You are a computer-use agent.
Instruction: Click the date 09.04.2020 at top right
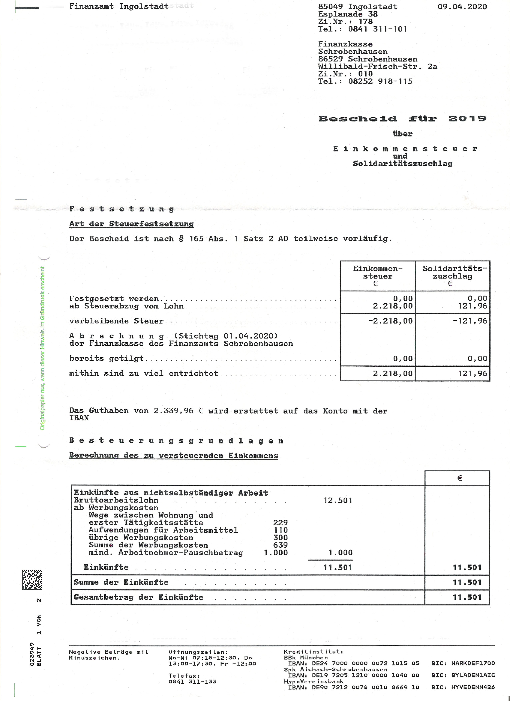click(x=462, y=7)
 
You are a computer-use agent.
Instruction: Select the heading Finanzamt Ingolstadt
click(x=119, y=6)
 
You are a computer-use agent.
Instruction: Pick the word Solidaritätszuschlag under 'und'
click(x=402, y=164)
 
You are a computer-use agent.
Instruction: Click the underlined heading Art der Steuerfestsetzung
click(x=131, y=224)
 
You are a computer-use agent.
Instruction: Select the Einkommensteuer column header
click(x=378, y=272)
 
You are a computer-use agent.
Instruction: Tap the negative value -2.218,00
click(x=390, y=321)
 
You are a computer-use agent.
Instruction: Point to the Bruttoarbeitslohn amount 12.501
click(x=338, y=500)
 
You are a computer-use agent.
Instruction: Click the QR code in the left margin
click(x=32, y=580)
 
